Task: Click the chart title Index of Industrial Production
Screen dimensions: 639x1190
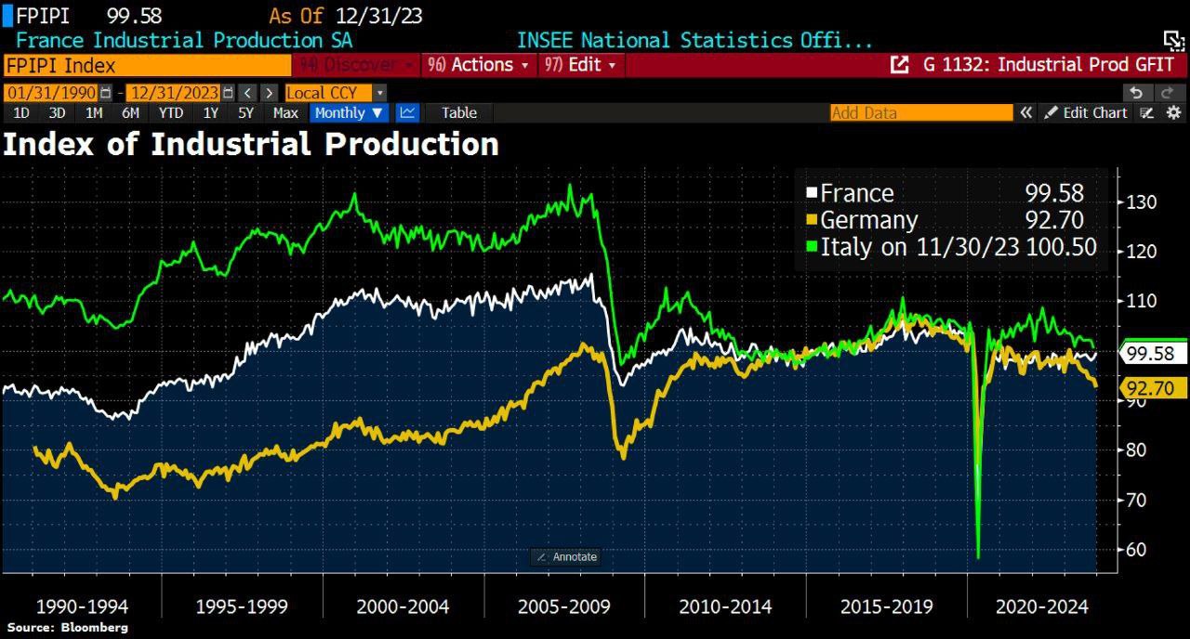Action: point(251,145)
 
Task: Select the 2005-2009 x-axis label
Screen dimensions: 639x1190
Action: point(564,606)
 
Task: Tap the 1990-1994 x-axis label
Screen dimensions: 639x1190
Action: point(82,606)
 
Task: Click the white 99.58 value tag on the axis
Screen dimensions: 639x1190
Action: point(1156,354)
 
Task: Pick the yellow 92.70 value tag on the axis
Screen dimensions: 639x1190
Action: point(1156,388)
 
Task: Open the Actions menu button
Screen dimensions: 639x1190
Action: point(479,65)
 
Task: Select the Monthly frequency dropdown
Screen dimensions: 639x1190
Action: point(349,112)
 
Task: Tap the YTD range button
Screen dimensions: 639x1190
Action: point(170,112)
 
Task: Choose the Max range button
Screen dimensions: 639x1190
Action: point(285,112)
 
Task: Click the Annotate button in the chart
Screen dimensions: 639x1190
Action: point(566,557)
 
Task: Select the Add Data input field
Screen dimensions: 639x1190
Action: point(920,112)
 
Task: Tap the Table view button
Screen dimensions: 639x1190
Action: point(459,112)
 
